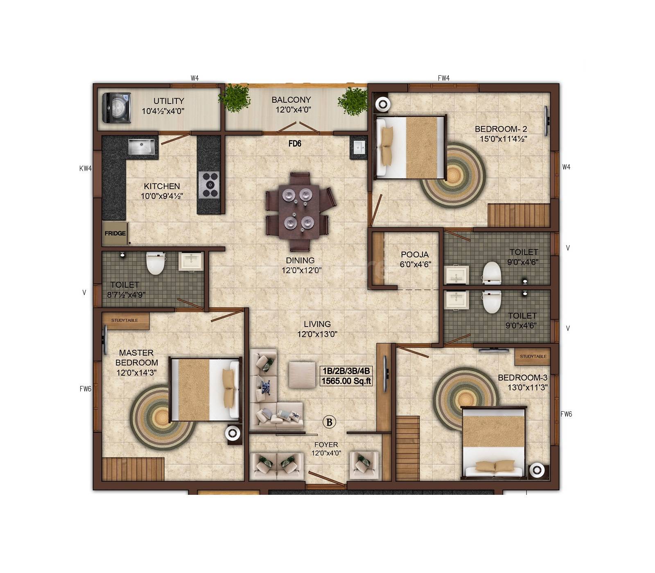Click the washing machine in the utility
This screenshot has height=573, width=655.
click(116, 108)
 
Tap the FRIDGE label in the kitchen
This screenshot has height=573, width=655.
click(115, 233)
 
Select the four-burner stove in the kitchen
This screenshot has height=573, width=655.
click(209, 185)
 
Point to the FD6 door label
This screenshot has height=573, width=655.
click(295, 144)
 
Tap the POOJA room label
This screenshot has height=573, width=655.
click(415, 255)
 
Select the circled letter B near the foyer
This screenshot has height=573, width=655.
click(329, 422)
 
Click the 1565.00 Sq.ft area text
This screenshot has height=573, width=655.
click(346, 381)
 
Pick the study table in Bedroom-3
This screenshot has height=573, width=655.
click(533, 356)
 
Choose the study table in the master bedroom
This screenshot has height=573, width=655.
click(125, 320)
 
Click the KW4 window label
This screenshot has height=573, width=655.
click(85, 168)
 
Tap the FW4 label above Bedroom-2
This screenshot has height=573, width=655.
click(444, 78)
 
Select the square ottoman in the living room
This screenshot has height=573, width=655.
click(302, 374)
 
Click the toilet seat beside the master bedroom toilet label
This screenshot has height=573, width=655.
click(155, 263)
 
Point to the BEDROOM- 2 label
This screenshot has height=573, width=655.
click(501, 129)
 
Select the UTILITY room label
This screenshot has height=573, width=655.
click(169, 101)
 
